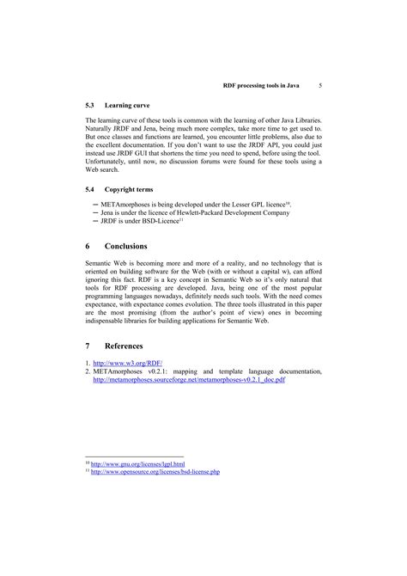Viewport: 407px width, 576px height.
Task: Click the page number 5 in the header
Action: coord(319,86)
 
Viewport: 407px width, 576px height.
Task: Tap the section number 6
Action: coord(88,246)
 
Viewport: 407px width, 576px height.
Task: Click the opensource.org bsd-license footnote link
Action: coord(155,472)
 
